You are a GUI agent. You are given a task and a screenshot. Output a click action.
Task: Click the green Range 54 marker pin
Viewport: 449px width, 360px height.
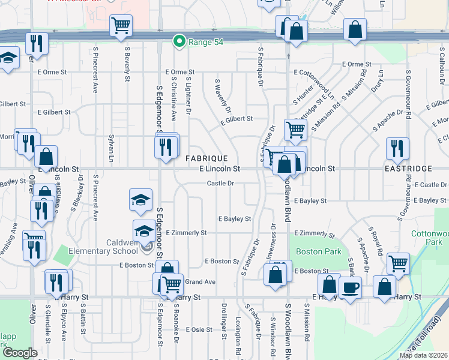pyautogui.click(x=178, y=41)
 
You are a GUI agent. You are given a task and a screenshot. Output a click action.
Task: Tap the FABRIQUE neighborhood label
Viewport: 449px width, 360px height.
pyautogui.click(x=206, y=158)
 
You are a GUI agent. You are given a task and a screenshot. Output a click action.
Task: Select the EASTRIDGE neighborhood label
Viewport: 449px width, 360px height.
pyautogui.click(x=409, y=169)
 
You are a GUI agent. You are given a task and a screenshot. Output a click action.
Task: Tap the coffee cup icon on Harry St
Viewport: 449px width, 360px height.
pyautogui.click(x=350, y=287)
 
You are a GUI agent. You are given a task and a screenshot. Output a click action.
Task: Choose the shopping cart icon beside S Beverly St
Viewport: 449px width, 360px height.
pyautogui.click(x=121, y=25)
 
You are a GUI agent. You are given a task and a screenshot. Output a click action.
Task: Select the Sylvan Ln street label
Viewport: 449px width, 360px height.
pyautogui.click(x=110, y=148)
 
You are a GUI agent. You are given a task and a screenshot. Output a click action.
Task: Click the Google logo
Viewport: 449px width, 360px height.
pyautogui.click(x=20, y=353)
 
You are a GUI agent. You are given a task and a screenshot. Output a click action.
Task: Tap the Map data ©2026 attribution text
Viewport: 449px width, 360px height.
pyautogui.click(x=423, y=355)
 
